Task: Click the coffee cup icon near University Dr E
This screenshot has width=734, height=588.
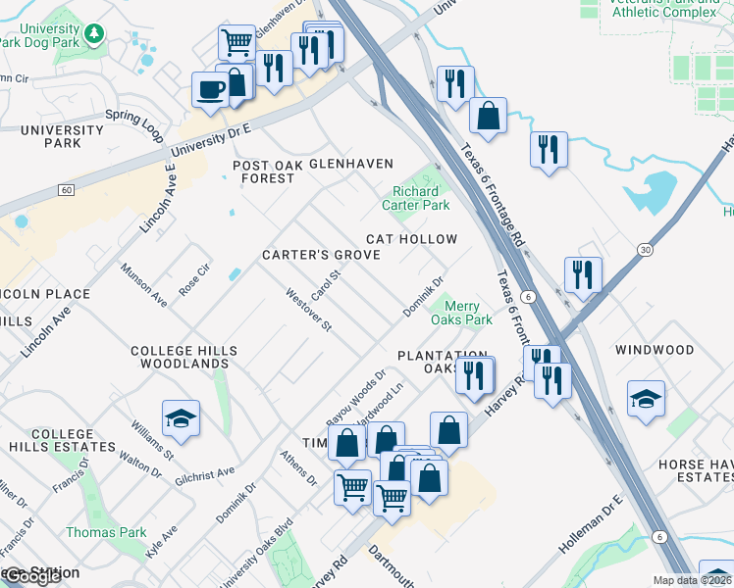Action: [210, 90]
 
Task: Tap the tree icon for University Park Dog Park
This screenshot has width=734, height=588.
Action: [94, 35]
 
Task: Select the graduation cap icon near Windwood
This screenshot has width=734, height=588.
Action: [646, 399]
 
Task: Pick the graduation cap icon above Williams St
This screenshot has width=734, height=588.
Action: [181, 418]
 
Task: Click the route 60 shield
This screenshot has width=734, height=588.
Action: [66, 189]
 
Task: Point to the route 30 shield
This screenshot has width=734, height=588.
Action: [644, 251]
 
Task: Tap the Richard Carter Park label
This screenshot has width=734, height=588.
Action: [421, 198]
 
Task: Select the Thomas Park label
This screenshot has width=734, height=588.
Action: [106, 533]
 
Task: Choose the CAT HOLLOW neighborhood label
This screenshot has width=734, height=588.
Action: [412, 239]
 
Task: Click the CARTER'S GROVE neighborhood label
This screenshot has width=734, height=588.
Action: [307, 255]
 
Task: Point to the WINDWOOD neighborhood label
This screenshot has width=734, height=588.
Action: [654, 350]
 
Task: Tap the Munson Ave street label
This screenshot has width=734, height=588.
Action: [143, 283]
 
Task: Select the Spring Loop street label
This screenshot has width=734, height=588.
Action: [132, 115]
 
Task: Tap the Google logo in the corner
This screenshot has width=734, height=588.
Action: [31, 577]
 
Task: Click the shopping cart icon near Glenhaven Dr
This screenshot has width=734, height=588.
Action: [236, 43]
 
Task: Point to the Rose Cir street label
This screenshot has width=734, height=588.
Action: [194, 280]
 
